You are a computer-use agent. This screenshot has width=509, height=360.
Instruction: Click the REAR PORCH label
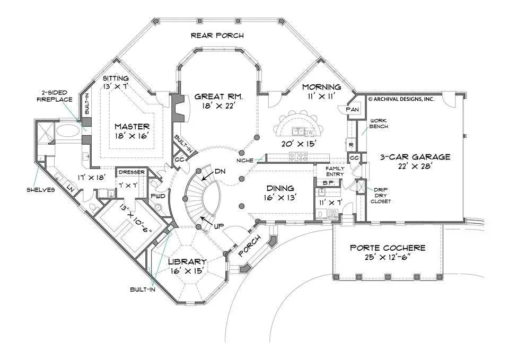coord(217,36)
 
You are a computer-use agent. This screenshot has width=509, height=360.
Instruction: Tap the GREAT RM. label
coord(218,96)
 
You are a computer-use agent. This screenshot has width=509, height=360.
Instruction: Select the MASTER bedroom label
coord(132,127)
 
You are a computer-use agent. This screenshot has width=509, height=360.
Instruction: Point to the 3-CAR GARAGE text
coord(415,157)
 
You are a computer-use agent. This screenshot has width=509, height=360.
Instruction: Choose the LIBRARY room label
coord(187,262)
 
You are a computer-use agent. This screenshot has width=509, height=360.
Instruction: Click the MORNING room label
coord(321,86)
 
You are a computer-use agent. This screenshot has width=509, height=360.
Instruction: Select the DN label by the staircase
coord(221,171)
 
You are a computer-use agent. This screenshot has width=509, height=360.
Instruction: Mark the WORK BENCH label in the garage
coord(379,124)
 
